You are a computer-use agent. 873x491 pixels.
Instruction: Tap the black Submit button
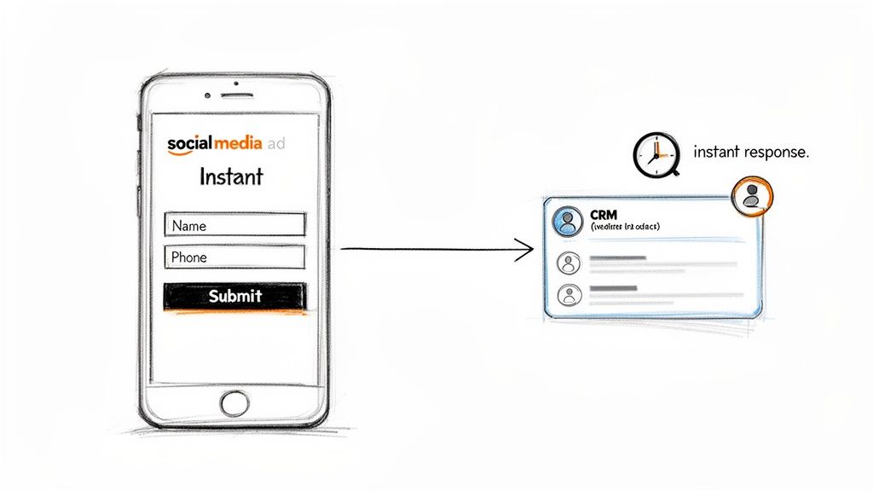[x=234, y=297]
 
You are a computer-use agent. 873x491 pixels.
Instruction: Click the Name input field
[x=234, y=225]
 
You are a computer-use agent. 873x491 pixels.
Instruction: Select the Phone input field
[x=234, y=257]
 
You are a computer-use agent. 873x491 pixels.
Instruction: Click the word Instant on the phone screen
[x=231, y=176]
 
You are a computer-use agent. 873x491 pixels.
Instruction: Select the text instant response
[x=750, y=153]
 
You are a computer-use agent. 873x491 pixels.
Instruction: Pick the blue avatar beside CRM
[x=567, y=221]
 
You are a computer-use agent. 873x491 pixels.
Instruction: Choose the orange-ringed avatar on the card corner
[x=751, y=195]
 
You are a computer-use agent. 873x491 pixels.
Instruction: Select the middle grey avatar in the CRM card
[x=568, y=262]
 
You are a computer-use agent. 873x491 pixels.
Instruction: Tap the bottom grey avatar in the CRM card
[x=568, y=295]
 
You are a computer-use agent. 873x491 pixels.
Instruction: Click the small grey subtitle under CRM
[x=625, y=227]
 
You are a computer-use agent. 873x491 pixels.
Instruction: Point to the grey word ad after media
[x=275, y=143]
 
